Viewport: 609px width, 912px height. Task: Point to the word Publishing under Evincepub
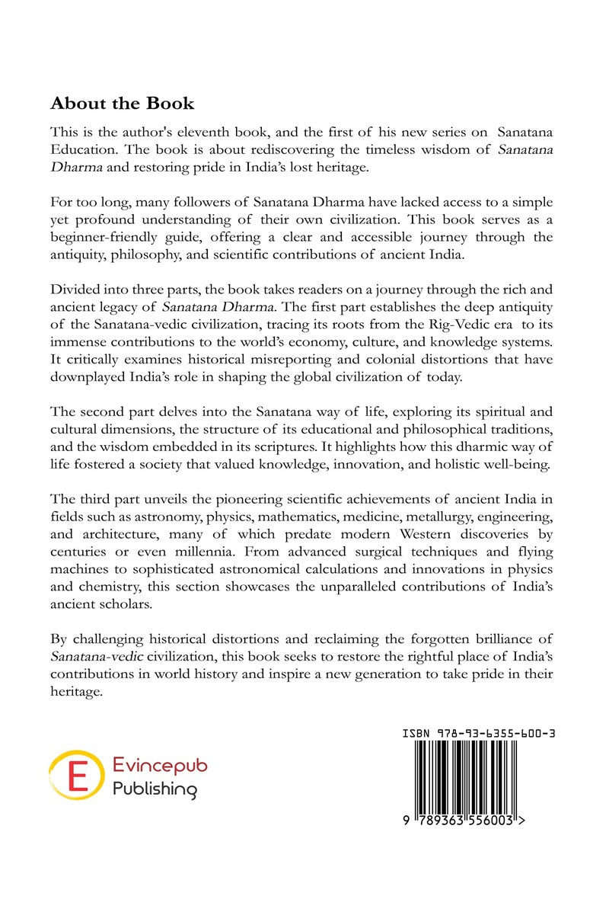pos(154,789)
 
